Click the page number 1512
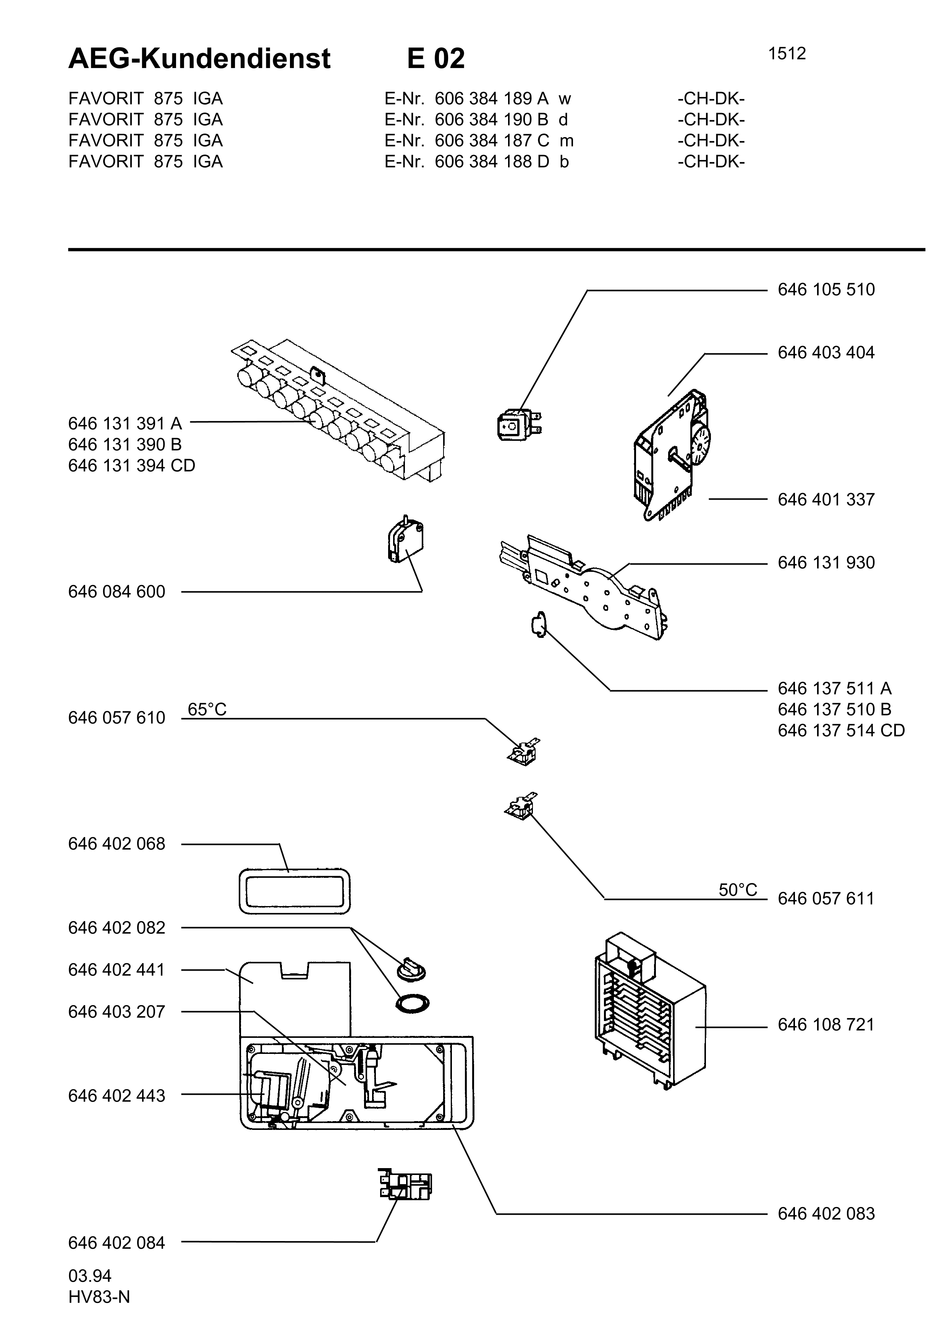pos(787,54)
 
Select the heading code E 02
pos(436,58)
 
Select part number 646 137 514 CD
pos(841,731)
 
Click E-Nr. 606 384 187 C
pos(467,141)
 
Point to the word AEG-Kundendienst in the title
pos(199,59)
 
